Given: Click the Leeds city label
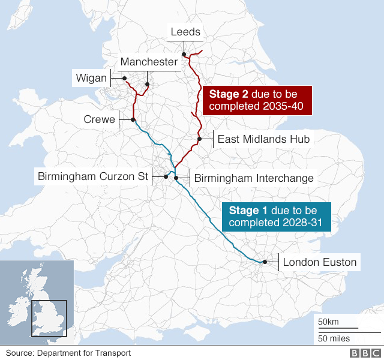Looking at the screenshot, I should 185,32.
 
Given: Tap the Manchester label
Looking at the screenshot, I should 149,62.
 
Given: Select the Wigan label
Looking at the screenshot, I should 91,78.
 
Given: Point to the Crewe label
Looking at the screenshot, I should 99,120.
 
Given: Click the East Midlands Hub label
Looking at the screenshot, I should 263,139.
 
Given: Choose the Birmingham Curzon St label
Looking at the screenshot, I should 92,176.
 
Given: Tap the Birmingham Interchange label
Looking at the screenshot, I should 254,178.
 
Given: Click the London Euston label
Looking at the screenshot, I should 319,262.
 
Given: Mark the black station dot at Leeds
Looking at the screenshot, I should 184,55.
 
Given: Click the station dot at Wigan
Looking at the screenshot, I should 124,78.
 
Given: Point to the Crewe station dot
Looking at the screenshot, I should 133,120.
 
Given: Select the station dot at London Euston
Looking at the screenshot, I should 264,262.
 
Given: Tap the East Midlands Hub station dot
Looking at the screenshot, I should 199,139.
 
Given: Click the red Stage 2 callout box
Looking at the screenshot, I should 259,100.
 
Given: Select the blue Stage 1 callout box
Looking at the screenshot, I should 277,217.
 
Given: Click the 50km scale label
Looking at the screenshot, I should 329,322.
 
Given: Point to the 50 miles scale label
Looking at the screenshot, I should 334,338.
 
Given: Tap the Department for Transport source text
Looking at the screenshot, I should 69,353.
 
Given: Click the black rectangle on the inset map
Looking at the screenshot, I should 48,318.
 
